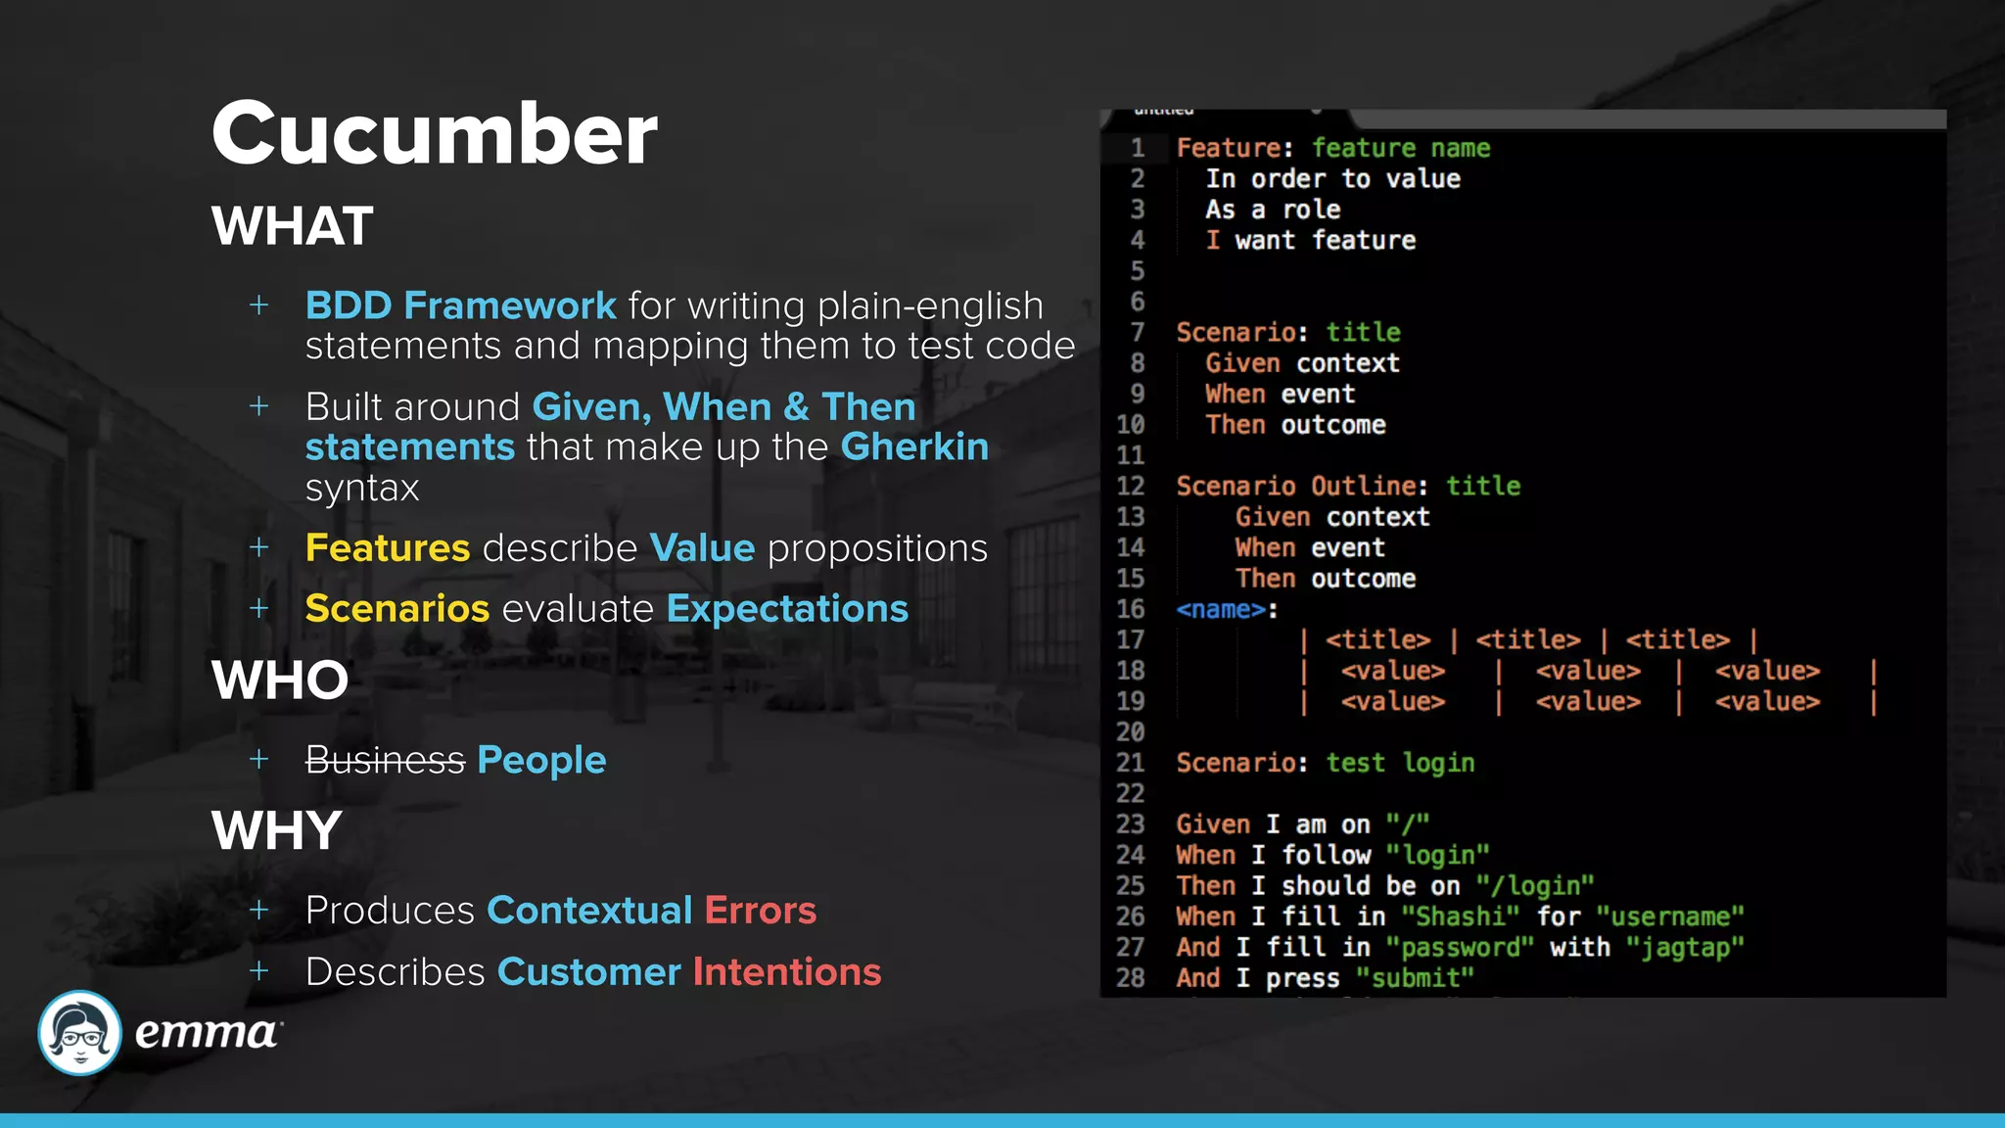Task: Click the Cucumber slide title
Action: [434, 133]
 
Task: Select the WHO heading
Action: [280, 680]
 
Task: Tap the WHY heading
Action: [276, 830]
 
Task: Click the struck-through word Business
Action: [385, 760]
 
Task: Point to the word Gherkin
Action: [914, 446]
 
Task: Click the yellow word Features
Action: [388, 547]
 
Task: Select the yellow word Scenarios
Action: [396, 608]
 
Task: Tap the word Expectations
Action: [787, 608]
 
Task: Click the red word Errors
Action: [760, 910]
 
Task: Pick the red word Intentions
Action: [787, 971]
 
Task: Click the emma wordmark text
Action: [207, 1032]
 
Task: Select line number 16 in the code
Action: [1130, 609]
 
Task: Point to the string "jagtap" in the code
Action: [1685, 947]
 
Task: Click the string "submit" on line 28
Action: [1415, 978]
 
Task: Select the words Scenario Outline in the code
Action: [1296, 486]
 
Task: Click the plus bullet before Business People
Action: [259, 759]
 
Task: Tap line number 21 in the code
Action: [1130, 763]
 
